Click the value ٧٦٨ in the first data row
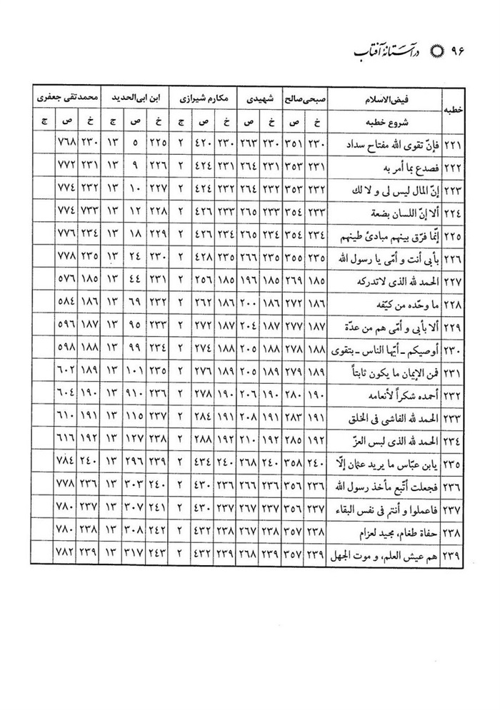67,147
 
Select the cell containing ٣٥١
292,147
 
